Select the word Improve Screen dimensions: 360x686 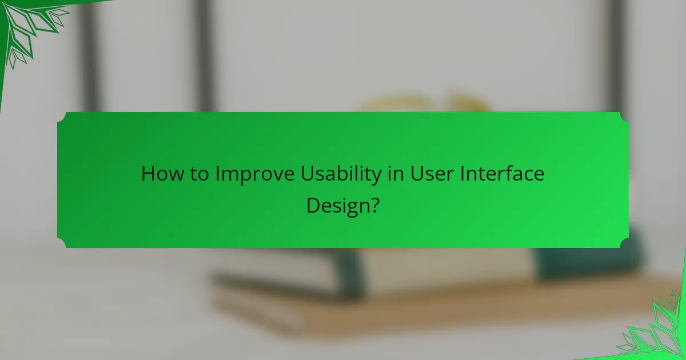coord(256,174)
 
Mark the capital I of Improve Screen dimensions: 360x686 coord(218,173)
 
